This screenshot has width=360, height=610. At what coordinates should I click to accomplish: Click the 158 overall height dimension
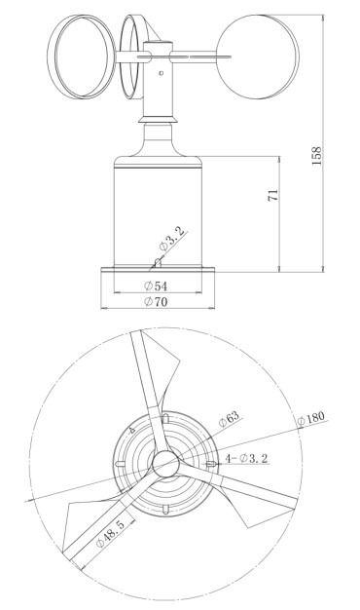pos(317,156)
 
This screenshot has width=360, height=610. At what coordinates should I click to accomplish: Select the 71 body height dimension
pos(273,195)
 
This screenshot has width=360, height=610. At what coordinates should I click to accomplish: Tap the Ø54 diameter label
pos(156,286)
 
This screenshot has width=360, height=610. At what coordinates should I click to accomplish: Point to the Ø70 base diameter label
pos(156,301)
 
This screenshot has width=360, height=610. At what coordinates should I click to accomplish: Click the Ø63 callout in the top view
pos(229,419)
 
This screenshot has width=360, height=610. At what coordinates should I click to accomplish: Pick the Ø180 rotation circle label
pos(310,419)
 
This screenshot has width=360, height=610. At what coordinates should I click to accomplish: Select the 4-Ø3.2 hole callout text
pos(246,458)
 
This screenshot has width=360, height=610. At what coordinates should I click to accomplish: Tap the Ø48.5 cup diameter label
pos(110,534)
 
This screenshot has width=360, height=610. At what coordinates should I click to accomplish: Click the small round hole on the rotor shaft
pos(162,73)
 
